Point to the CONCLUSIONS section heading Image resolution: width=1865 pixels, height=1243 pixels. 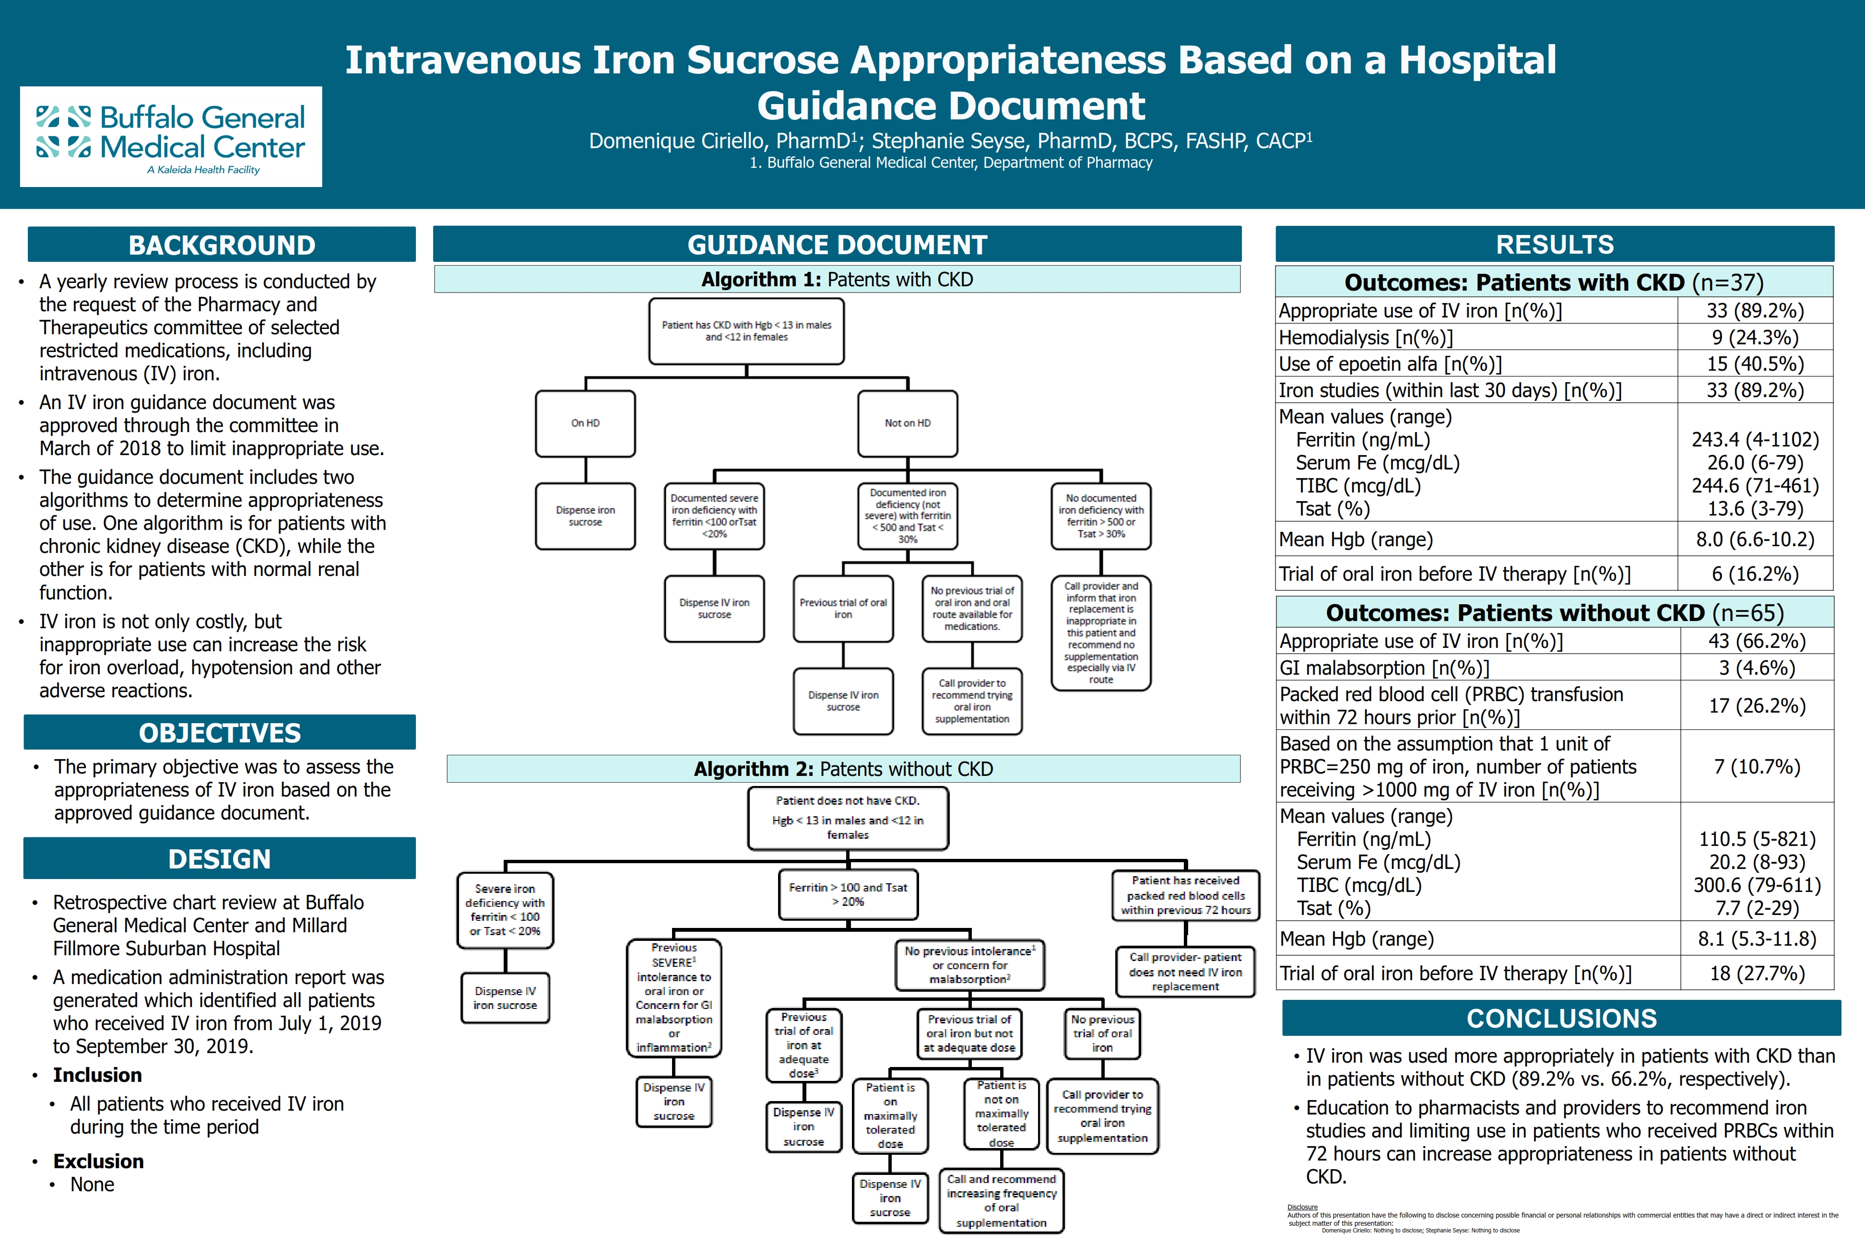1561,1018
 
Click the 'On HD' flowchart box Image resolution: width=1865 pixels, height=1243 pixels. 585,423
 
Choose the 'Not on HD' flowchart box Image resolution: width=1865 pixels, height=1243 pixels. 908,423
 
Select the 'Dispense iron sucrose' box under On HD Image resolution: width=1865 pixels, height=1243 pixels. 585,516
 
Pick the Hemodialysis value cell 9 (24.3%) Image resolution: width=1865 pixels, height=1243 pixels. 1755,337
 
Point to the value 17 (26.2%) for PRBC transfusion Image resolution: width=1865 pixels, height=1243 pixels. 1757,705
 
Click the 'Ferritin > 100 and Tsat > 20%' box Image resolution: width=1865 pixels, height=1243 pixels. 848,895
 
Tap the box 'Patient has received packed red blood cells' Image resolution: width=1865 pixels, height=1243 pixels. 1185,895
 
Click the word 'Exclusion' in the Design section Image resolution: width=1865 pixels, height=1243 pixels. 98,1161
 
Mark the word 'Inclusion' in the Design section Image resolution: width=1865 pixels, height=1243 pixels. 97,1075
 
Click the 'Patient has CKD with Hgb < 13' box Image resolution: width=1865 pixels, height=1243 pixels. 746,331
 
